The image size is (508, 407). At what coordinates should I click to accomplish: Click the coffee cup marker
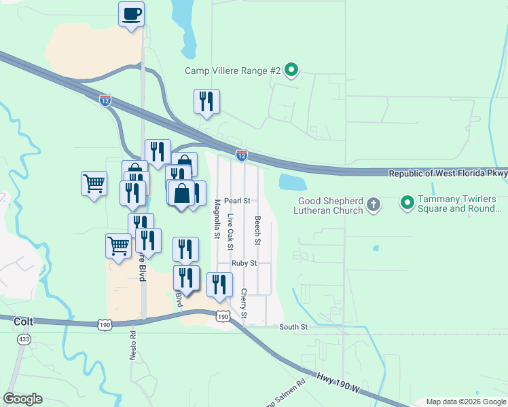tap(132, 14)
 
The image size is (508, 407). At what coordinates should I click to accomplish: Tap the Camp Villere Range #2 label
tap(232, 70)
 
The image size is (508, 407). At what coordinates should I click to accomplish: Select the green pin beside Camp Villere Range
tap(291, 70)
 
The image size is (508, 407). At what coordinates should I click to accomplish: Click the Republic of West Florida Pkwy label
tap(448, 174)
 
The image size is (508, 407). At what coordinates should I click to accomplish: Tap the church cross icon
tap(373, 203)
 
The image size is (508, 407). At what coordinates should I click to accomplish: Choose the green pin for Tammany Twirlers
tap(407, 203)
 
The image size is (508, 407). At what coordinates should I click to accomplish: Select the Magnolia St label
tap(218, 219)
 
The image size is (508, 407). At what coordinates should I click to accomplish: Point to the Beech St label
tap(258, 231)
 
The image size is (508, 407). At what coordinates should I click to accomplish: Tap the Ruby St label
tap(244, 263)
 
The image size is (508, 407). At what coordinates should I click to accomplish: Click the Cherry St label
tap(244, 304)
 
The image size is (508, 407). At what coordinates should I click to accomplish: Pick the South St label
tap(294, 327)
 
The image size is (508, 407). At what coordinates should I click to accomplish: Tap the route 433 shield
tap(22, 338)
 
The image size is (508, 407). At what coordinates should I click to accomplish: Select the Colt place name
tap(24, 322)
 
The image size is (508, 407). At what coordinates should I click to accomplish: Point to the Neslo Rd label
tap(134, 346)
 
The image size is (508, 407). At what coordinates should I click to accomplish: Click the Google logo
tap(23, 399)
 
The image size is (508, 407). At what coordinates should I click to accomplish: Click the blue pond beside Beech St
tap(292, 182)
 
